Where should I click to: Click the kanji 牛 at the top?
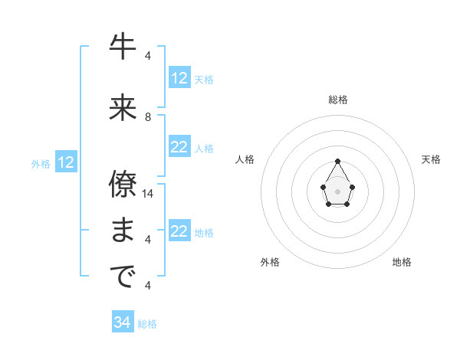coord(123,47)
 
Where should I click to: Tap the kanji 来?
coord(123,108)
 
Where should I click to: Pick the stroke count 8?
coord(148,117)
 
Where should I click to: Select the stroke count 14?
coord(149,193)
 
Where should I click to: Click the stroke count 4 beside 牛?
coord(148,56)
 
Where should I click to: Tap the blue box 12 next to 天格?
coord(179,78)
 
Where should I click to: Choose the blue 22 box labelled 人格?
coord(179,148)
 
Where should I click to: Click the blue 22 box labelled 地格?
coord(179,232)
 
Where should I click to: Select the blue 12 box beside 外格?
coord(66,162)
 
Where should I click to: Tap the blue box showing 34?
coord(123,322)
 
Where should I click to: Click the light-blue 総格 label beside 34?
coord(147,324)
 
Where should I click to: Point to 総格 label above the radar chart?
coord(338,100)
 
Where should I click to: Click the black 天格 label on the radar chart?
coord(431,159)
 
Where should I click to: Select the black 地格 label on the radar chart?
coord(402,262)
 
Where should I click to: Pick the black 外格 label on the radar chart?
coord(270,262)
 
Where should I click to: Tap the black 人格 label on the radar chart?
coord(245,159)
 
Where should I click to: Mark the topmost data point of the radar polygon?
coord(337,161)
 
